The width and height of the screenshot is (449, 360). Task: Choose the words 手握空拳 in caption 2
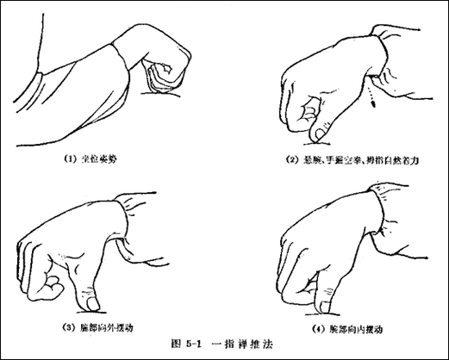coord(350,159)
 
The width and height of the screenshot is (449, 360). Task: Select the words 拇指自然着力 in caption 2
coord(400,159)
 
